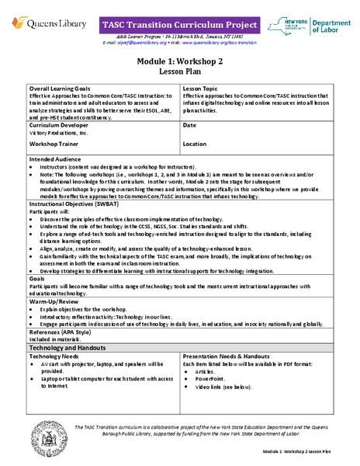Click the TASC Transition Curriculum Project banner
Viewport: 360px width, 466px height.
pyautogui.click(x=180, y=26)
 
